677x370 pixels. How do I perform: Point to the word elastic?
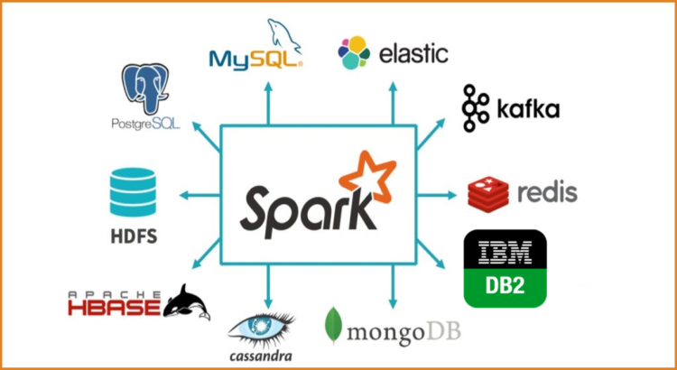pyautogui.click(x=413, y=52)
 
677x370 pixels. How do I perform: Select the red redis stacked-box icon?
pyautogui.click(x=489, y=191)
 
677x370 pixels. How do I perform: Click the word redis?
pyautogui.click(x=547, y=191)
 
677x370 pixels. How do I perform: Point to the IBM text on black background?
pyautogui.click(x=505, y=250)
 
